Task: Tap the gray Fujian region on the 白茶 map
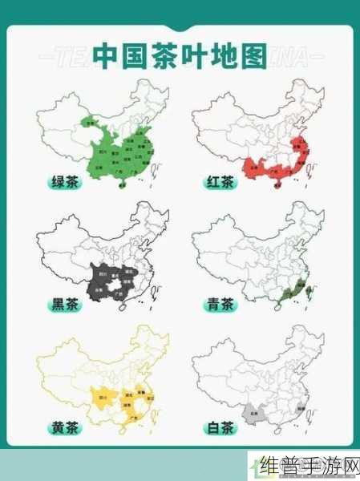(x=298, y=406)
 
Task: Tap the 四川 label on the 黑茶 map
(x=102, y=273)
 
